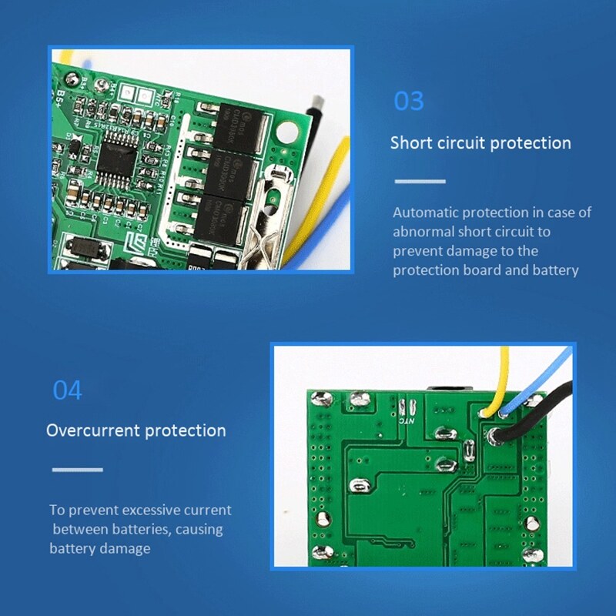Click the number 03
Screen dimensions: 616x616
click(x=409, y=102)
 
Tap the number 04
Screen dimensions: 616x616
click(x=67, y=390)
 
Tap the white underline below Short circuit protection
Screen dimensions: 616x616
click(x=420, y=182)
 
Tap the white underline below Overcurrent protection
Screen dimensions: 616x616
click(x=77, y=469)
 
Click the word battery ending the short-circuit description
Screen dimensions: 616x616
click(x=555, y=270)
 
